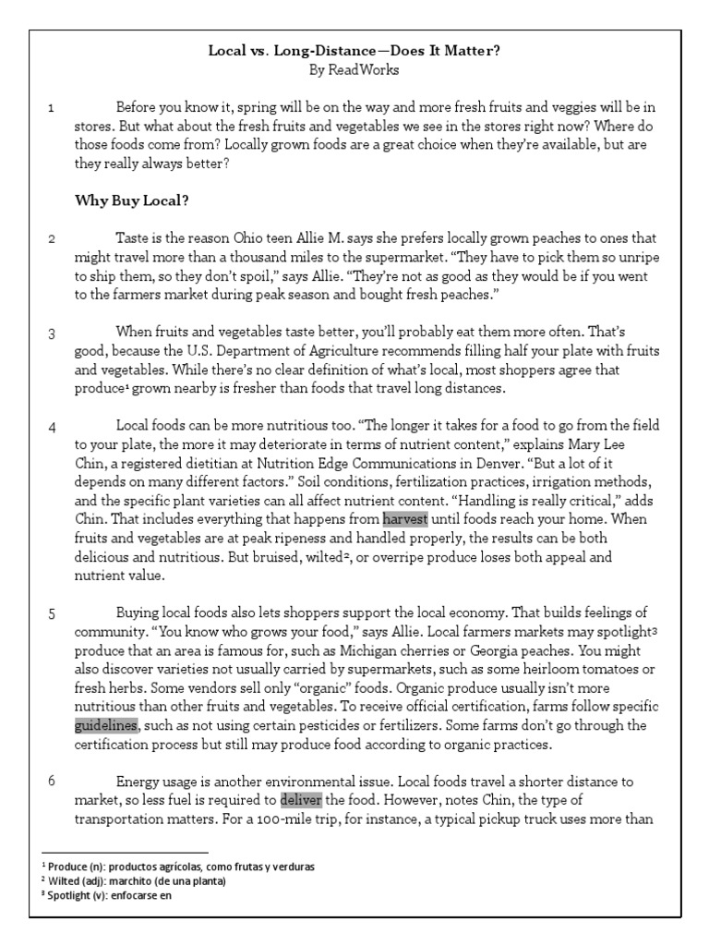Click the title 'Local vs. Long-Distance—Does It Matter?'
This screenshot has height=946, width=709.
354,51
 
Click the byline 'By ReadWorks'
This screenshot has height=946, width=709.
354,68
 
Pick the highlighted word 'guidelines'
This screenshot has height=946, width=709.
106,725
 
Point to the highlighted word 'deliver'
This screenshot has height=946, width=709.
300,799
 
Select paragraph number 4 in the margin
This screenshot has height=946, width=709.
52,427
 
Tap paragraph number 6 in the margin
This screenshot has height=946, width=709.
52,781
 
